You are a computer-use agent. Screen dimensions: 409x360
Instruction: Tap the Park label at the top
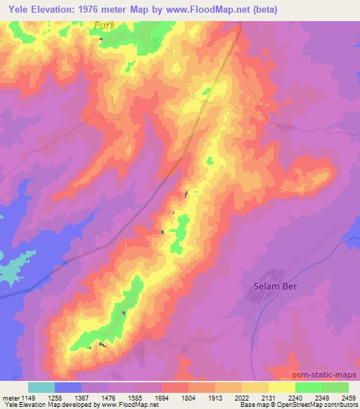pos(104,25)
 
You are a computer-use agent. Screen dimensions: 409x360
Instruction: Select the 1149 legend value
pos(27,398)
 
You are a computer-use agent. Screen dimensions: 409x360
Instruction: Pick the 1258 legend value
pos(54,398)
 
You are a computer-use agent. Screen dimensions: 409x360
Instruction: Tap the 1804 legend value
pos(188,398)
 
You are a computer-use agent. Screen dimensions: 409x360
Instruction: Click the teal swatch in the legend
pos(41,387)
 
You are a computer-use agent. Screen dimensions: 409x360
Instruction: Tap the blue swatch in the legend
pos(67,387)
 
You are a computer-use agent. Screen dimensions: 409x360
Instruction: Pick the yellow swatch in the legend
pos(281,387)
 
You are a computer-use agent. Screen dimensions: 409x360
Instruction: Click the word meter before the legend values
pos(9,398)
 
